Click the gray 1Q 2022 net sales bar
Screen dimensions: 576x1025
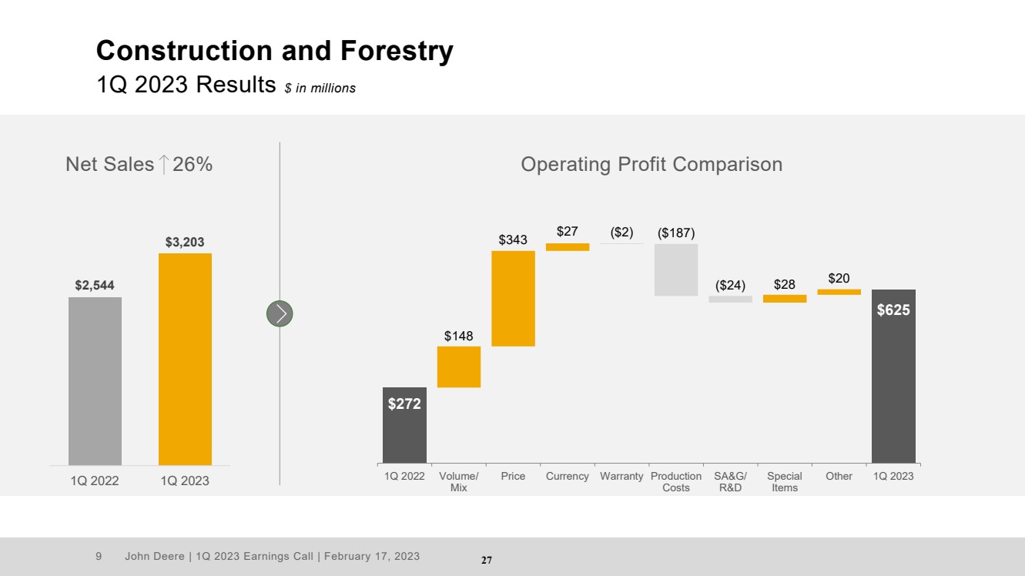tap(95, 381)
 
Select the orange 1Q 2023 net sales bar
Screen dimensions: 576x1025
tap(185, 359)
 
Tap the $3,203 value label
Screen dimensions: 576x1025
tap(185, 242)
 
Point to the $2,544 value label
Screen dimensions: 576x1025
tap(95, 286)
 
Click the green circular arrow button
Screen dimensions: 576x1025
tap(280, 313)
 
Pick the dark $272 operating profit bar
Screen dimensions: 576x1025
tap(404, 425)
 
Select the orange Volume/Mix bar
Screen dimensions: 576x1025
tap(459, 367)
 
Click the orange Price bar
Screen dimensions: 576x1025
tap(513, 299)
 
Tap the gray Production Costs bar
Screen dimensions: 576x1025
tap(676, 270)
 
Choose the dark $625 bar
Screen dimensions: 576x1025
tap(893, 376)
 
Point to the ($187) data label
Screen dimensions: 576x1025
tap(676, 233)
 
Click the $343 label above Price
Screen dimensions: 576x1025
tap(513, 239)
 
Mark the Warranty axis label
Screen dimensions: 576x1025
tap(621, 476)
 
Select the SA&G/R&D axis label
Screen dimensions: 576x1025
tap(730, 482)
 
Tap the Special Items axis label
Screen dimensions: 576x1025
tap(785, 482)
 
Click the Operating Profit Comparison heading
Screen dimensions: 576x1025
tap(652, 164)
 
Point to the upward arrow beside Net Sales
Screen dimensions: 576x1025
tap(163, 164)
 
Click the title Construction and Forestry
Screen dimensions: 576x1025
tap(275, 51)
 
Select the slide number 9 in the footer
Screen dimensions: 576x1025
tap(99, 556)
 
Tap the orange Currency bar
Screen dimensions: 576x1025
tap(568, 247)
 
